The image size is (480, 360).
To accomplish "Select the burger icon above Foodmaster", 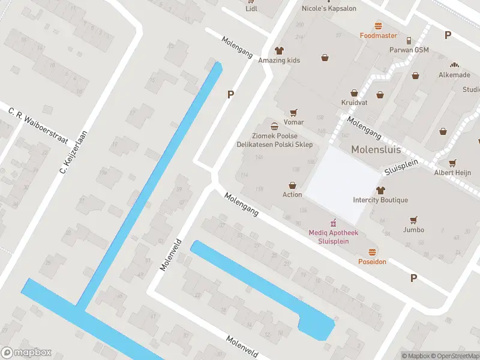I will [378, 26].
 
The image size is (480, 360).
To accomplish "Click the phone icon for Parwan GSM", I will [409, 41].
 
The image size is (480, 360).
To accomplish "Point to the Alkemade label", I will [454, 75].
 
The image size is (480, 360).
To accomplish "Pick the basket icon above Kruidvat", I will [354, 93].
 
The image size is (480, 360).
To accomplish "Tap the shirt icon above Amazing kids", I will [279, 50].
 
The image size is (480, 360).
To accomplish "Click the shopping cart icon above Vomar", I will [293, 112].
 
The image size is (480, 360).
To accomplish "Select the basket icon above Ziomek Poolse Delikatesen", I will [274, 126].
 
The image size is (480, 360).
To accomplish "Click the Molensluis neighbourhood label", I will [376, 149].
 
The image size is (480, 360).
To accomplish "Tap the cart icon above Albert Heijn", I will [452, 163].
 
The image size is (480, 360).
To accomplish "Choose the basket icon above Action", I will [292, 185].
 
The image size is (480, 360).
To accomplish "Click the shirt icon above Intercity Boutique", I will [380, 190].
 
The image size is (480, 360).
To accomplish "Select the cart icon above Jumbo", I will [413, 220].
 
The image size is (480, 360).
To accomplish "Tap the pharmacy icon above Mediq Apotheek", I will [329, 223].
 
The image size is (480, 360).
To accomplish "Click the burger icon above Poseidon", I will [372, 252].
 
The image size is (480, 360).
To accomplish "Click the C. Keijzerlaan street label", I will [74, 152].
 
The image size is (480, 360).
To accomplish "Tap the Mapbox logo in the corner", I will [26, 353].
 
